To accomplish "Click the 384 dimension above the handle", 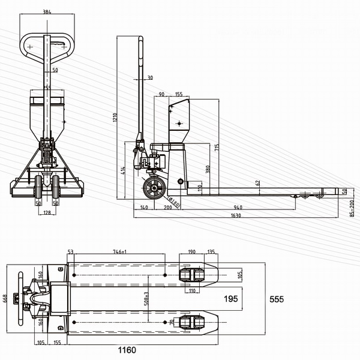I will [47, 11].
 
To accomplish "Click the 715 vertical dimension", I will [215, 147].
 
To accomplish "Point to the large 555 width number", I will [276, 299].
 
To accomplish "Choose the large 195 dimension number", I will [230, 298].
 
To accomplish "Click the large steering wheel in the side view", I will [154, 189].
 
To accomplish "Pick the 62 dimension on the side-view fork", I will [257, 182].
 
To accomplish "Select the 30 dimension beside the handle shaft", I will [149, 77].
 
